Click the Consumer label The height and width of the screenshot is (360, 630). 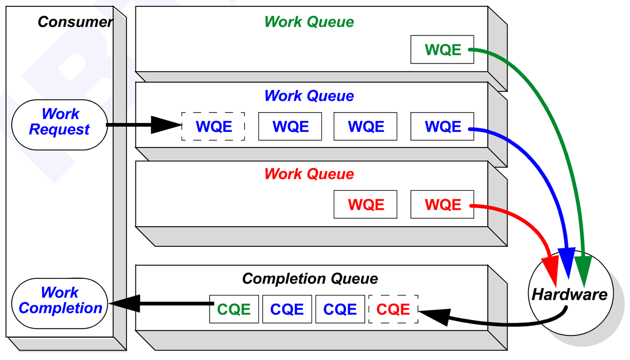coord(75,22)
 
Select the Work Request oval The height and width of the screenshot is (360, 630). coord(60,125)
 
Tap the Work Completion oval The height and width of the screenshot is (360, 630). coord(60,303)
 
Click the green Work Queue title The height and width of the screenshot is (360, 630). coord(309,22)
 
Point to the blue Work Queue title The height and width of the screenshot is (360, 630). coord(309,96)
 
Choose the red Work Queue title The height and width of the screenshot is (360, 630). coord(309,174)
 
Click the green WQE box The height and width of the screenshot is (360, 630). coord(442,50)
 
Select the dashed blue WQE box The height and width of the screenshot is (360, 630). coord(213,126)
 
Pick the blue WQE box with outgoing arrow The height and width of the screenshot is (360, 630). coord(442,126)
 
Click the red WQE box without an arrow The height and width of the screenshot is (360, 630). coord(365,204)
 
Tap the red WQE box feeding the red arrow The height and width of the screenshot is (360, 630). coord(442,204)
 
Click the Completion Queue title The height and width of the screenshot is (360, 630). coord(310,279)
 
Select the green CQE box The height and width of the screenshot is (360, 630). coord(234,309)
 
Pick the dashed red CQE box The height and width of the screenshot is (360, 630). coord(393,309)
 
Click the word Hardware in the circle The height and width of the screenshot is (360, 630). coord(569,295)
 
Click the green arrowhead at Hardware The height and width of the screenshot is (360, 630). coord(583,270)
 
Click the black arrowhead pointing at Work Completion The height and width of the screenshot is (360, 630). coord(125,303)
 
